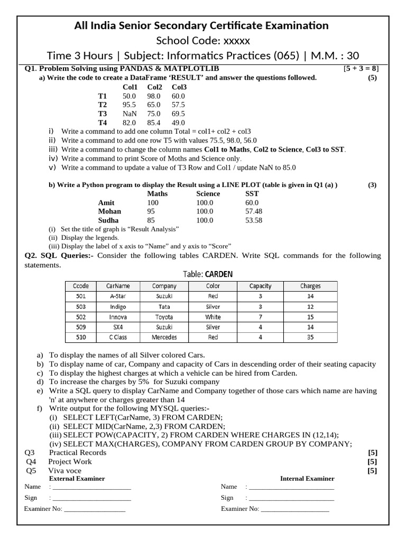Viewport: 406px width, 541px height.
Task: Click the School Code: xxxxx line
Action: coord(203,41)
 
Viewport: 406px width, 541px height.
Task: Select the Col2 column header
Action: coord(155,87)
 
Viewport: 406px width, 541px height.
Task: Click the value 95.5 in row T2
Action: coord(130,105)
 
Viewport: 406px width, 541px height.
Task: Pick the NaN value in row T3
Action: coord(130,114)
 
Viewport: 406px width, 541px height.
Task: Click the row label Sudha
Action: coord(108,220)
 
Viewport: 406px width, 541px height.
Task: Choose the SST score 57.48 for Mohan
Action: coord(254,211)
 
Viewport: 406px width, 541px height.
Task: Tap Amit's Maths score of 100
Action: coord(153,202)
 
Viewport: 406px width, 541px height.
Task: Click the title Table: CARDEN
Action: coord(208,274)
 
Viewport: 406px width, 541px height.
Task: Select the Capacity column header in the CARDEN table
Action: coord(260,286)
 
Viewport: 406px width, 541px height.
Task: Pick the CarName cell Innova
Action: coord(118,316)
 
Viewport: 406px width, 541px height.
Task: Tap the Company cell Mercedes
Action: coord(164,337)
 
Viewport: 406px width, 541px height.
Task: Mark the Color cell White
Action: coord(213,316)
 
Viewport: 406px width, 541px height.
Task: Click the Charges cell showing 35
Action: coord(310,337)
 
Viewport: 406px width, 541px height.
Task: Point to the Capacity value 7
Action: coord(260,316)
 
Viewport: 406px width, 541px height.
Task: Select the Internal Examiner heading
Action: coord(307,479)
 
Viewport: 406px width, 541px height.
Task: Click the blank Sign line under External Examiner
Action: coord(91,498)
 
